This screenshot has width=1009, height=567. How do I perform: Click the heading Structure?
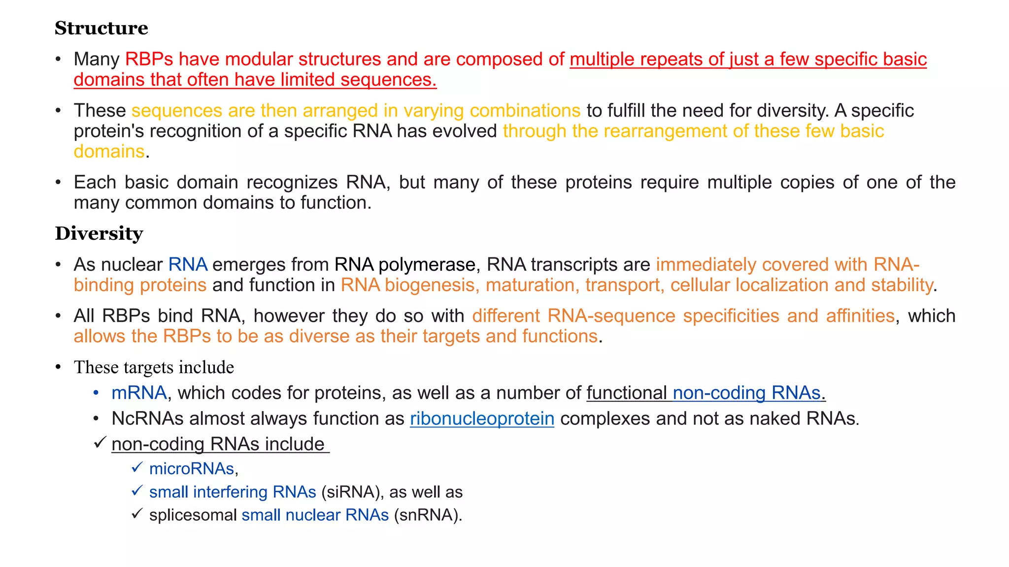101,28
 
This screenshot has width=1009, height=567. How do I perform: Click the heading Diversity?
99,233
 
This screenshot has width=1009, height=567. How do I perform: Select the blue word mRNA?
139,393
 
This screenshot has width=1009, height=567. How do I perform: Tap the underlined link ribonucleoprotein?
482,418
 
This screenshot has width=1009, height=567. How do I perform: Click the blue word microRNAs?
191,469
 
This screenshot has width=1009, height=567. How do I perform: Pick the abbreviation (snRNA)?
428,515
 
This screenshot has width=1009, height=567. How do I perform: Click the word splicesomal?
193,515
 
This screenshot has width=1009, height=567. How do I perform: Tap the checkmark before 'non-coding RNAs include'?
100,442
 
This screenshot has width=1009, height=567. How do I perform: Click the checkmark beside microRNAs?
137,467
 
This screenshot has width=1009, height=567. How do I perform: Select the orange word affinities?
860,315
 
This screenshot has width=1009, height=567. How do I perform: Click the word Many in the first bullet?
97,59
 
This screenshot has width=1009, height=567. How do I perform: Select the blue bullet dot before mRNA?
97,393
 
